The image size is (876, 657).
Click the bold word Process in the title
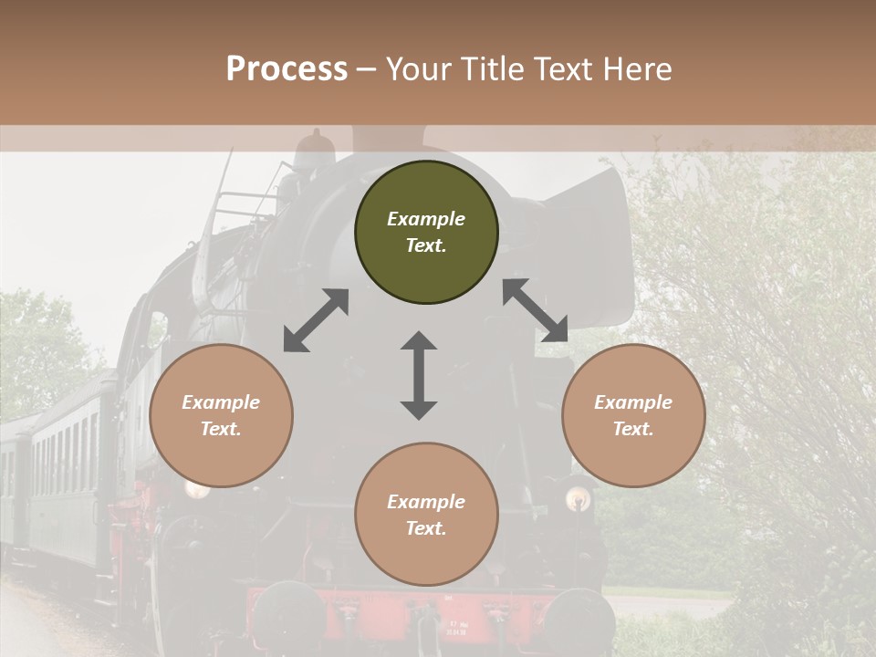pyautogui.click(x=287, y=69)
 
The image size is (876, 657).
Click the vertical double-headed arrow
pyautogui.click(x=419, y=375)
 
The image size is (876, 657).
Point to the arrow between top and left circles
pyautogui.click(x=316, y=320)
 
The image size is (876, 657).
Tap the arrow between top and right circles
pyautogui.click(x=536, y=310)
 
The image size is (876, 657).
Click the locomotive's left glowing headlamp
pyautogui.click(x=197, y=488)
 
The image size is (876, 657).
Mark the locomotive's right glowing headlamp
pyautogui.click(x=577, y=498)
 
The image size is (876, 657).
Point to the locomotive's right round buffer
pyautogui.click(x=578, y=620)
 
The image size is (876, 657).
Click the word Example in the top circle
pyautogui.click(x=426, y=219)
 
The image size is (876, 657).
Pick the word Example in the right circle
pyautogui.click(x=633, y=402)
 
